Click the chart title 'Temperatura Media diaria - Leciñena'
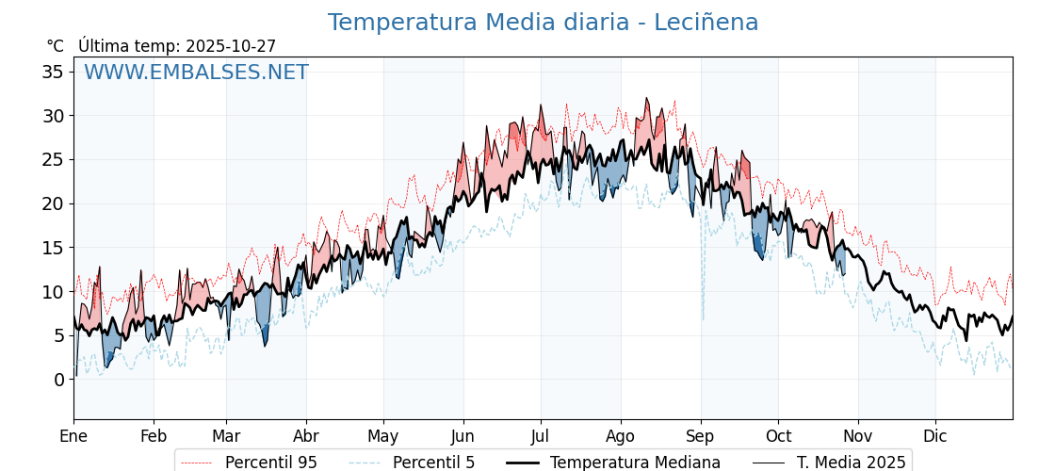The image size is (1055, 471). [x=543, y=23]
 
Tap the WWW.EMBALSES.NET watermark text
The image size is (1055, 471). [x=196, y=73]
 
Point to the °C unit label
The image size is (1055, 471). [x=55, y=46]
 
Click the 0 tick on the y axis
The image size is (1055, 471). [x=58, y=380]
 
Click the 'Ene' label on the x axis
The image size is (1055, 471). [x=73, y=436]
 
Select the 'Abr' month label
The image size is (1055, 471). [x=306, y=436]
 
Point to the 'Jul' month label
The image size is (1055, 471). [x=541, y=436]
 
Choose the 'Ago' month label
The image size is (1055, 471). [x=621, y=436]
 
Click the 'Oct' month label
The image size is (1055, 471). [x=778, y=436]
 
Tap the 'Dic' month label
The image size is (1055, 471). [x=935, y=436]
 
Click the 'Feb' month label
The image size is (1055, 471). [x=154, y=436]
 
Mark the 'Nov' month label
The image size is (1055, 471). [x=858, y=436]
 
